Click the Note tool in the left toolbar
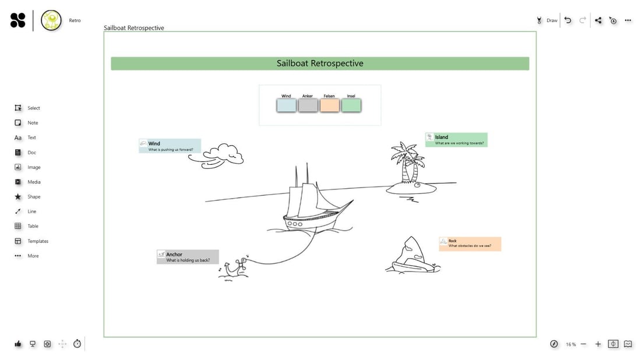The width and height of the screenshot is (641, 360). pos(18,123)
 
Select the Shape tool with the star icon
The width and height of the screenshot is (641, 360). pos(18,197)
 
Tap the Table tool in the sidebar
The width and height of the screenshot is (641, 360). pos(18,226)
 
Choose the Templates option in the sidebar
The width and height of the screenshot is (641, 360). pos(18,241)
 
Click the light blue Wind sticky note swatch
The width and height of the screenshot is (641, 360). pos(286,105)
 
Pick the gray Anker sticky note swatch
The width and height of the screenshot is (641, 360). pos(308,105)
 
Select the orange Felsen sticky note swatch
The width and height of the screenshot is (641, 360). pos(329,105)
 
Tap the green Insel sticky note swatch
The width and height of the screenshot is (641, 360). pos(351,105)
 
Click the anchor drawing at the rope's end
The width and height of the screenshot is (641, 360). pos(233,269)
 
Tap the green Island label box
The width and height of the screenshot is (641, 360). pos(456,140)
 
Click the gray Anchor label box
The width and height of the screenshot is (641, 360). pos(188,257)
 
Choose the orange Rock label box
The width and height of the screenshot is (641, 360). pos(470,243)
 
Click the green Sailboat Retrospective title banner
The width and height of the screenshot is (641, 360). pos(320,63)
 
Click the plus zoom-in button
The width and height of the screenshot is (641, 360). pos(598,344)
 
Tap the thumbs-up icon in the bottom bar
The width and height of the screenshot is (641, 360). pos(18,344)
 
